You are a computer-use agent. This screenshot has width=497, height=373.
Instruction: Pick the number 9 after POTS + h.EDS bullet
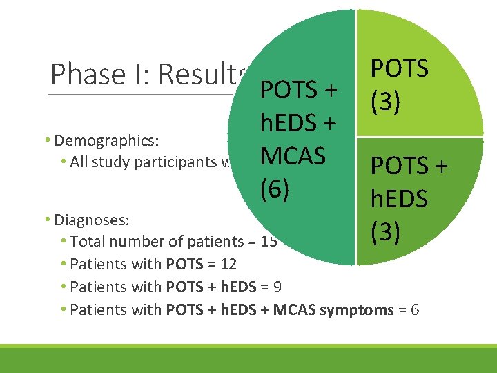[x=277, y=287]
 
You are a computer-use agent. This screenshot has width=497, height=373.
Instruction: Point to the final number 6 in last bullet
[x=414, y=309]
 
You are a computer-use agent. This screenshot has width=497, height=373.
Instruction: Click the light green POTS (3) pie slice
[x=414, y=76]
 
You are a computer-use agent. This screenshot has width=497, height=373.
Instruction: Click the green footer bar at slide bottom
[x=248, y=359]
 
